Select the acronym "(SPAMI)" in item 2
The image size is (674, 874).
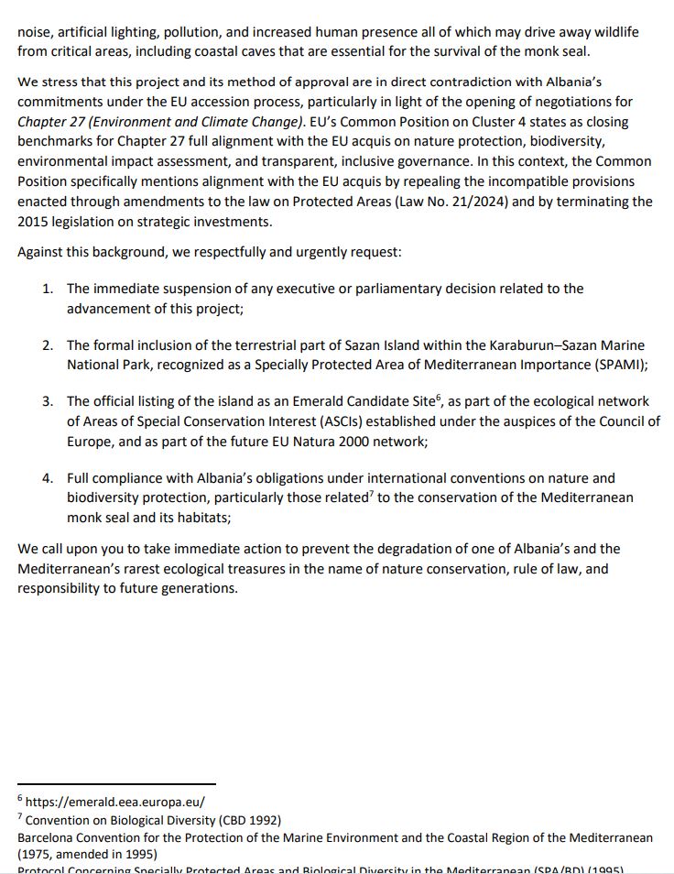621,365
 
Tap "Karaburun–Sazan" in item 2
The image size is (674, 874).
543,345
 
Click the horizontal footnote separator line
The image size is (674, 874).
116,784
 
